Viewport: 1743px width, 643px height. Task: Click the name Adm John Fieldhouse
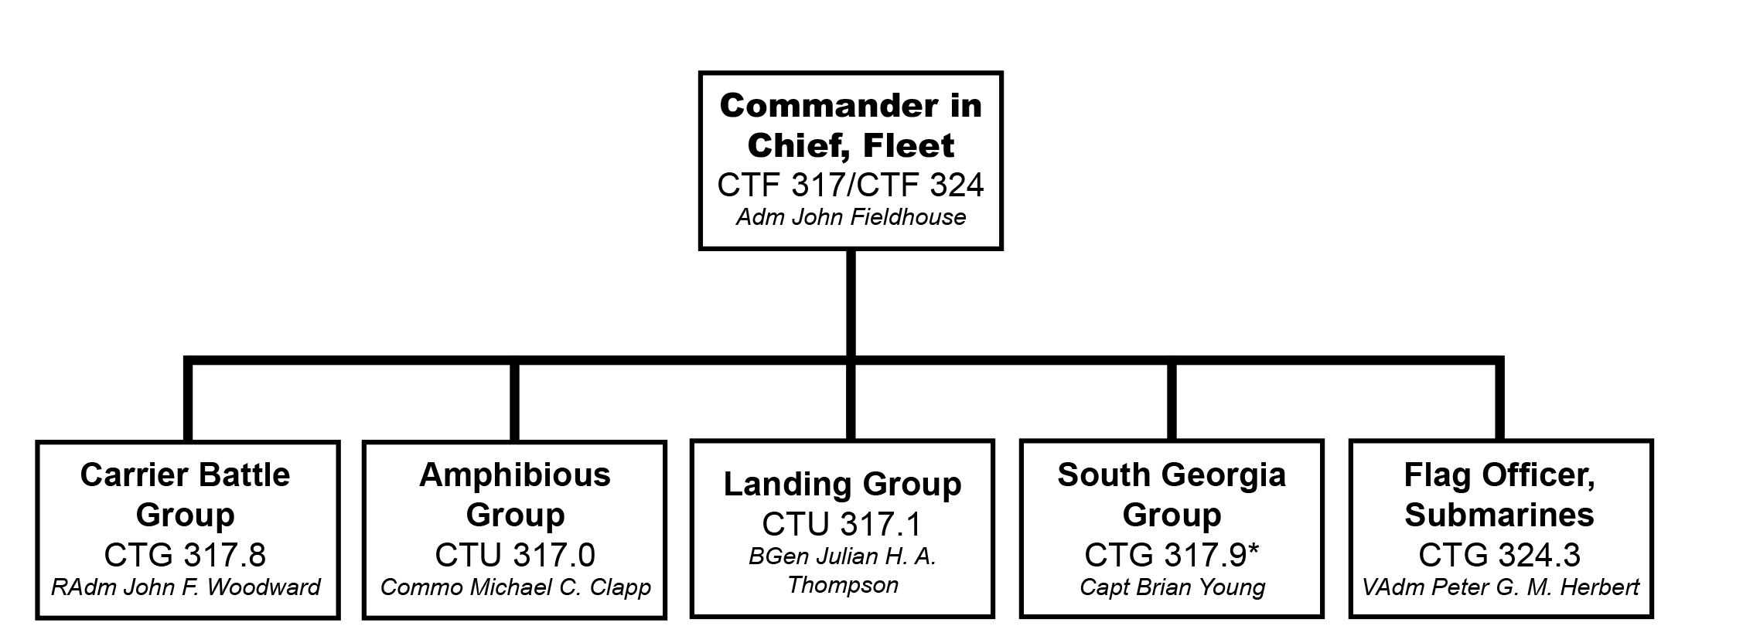point(851,217)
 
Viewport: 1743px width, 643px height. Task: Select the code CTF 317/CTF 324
point(851,185)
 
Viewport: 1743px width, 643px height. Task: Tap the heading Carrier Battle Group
point(185,495)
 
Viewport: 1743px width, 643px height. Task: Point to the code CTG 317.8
point(185,555)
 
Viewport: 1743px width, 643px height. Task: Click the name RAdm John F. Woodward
point(186,587)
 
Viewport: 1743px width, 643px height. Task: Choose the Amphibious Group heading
point(515,495)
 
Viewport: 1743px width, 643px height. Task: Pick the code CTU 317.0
point(515,555)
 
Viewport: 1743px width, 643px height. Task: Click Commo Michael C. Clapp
point(515,587)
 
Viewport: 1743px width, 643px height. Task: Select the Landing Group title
point(842,485)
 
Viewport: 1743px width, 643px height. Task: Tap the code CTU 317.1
point(842,524)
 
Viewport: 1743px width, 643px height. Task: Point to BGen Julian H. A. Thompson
point(842,570)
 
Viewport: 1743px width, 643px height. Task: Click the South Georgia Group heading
point(1172,495)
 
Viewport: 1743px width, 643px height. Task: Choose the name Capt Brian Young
point(1172,587)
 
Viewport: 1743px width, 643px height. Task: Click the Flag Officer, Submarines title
point(1499,495)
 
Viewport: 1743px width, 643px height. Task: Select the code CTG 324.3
point(1499,555)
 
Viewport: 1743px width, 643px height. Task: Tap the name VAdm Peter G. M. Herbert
point(1500,587)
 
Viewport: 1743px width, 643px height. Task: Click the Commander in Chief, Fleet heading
point(851,125)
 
